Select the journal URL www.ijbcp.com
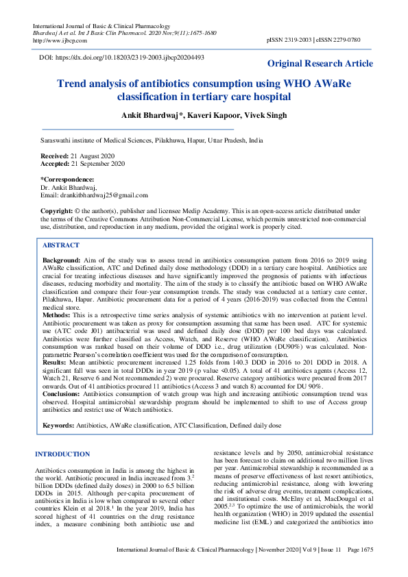tap(56, 40)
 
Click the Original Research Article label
tap(320, 64)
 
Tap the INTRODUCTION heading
tap(62, 454)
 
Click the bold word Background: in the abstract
tap(61, 262)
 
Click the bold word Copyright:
tap(57, 210)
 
